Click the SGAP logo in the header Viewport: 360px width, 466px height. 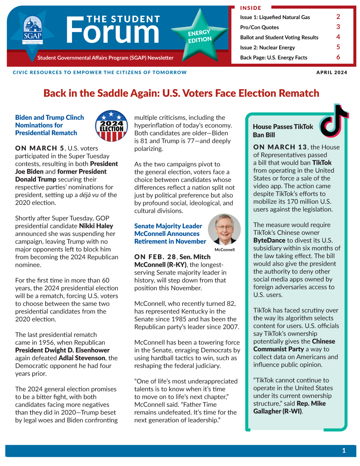[33, 30]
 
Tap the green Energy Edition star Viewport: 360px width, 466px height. [200, 36]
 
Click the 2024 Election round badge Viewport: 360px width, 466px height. [111, 126]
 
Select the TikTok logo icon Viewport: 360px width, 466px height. [334, 121]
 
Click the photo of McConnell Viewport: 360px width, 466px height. [224, 229]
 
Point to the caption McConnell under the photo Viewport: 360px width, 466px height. [224, 250]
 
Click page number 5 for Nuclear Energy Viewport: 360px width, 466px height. [338, 47]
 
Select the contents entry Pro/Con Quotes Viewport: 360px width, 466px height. [259, 27]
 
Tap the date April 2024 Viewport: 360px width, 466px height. [331, 72]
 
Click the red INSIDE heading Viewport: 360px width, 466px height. [251, 8]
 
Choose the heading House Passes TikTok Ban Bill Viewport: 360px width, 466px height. [283, 130]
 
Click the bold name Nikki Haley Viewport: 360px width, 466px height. [96, 226]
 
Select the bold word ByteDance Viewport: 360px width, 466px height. [269, 240]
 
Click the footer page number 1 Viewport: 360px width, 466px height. [344, 450]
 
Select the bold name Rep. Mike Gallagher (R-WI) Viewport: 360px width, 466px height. [289, 407]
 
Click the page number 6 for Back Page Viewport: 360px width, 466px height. [338, 57]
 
